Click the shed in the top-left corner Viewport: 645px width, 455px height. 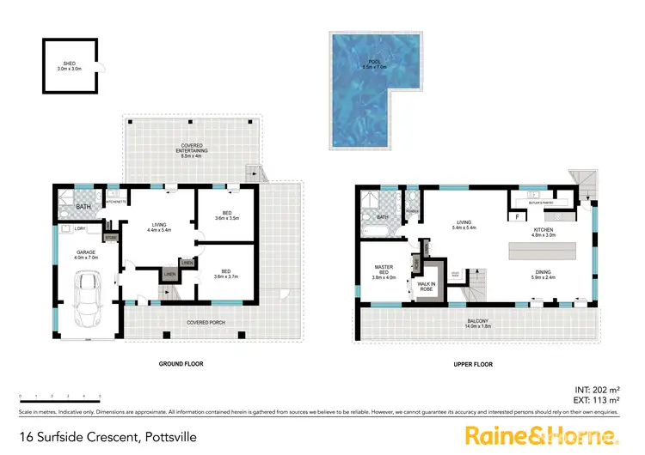coord(69,64)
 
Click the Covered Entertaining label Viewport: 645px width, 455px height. coord(191,150)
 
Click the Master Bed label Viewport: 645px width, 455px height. coord(383,273)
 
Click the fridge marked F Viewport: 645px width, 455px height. coord(517,217)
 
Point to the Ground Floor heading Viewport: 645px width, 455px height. coord(181,364)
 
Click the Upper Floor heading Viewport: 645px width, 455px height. coord(473,364)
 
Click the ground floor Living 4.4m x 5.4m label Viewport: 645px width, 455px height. coord(160,227)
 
